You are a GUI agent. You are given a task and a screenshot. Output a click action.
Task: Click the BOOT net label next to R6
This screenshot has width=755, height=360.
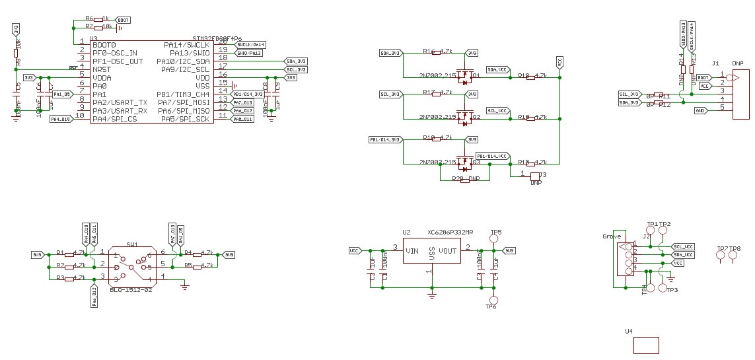(123, 20)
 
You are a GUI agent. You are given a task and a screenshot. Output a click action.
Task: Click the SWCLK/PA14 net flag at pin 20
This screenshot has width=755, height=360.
(250, 44)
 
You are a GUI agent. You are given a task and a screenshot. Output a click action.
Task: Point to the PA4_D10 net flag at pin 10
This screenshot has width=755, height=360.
(60, 119)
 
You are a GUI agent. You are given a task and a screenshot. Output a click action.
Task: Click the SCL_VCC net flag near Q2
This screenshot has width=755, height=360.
(497, 110)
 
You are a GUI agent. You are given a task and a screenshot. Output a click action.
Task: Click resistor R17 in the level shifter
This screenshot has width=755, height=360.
(436, 94)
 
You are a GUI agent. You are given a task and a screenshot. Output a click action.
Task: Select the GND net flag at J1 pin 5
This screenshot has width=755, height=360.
(700, 110)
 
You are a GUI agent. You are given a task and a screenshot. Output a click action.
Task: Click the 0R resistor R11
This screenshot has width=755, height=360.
(658, 95)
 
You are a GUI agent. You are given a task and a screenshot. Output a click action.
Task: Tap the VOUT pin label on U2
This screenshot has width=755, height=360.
(447, 251)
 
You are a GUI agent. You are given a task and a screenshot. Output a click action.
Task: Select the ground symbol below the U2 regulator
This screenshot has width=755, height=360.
(431, 295)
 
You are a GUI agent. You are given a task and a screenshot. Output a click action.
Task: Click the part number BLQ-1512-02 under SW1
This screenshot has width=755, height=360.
(131, 290)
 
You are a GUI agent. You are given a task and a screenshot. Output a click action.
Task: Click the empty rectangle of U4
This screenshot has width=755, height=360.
(645, 345)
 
